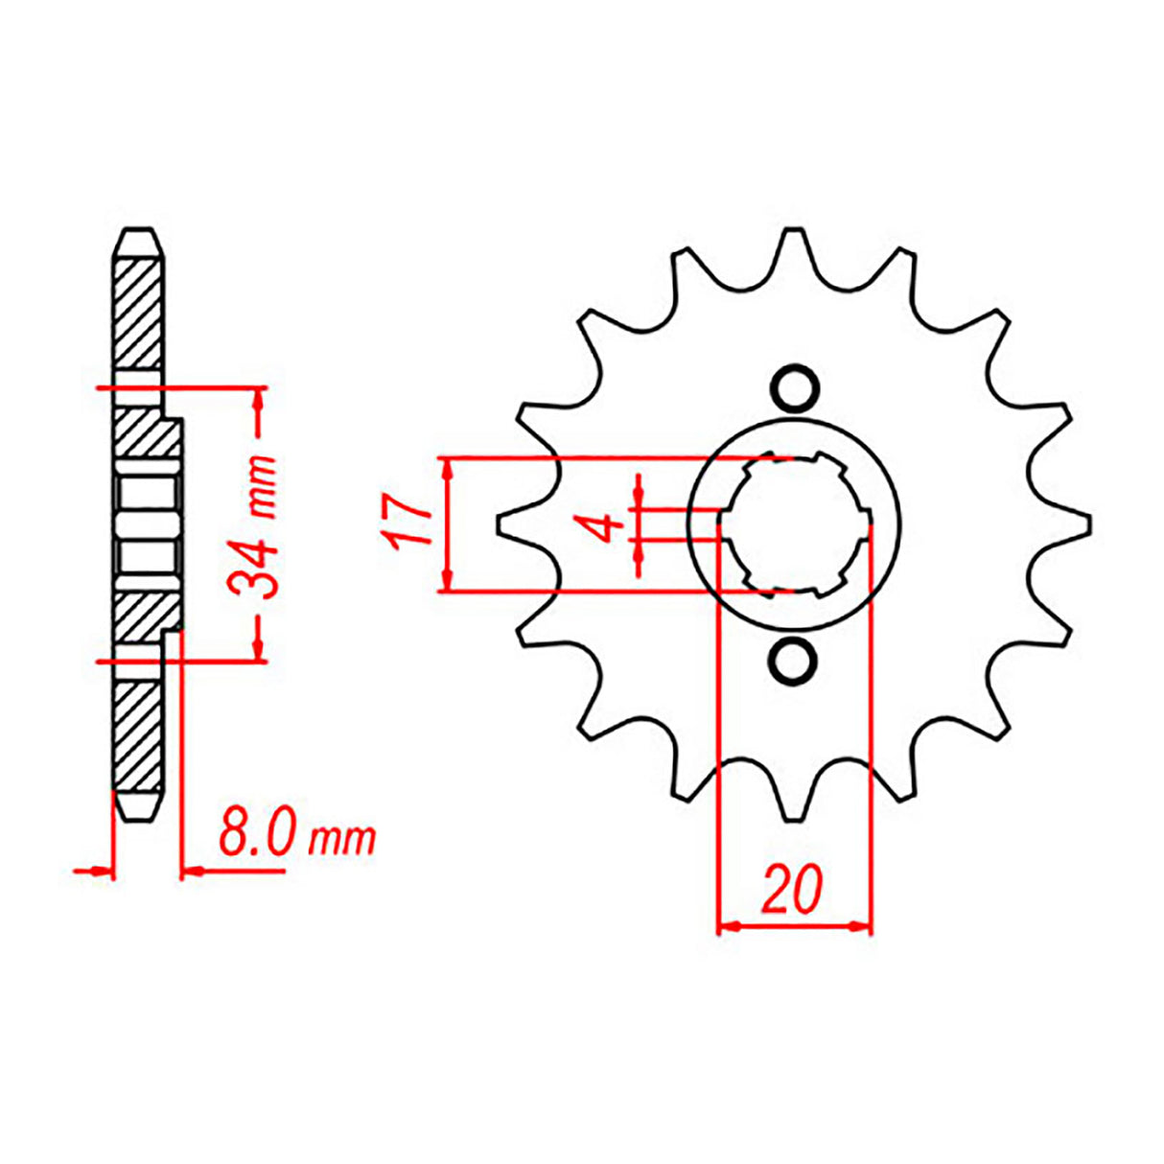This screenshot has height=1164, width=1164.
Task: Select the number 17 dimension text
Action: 407,524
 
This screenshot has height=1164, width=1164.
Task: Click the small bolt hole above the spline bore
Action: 795,389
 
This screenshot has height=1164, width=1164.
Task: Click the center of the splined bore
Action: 795,525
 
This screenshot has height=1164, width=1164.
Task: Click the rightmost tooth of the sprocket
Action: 1084,525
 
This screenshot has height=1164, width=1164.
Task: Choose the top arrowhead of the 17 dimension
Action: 446,469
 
